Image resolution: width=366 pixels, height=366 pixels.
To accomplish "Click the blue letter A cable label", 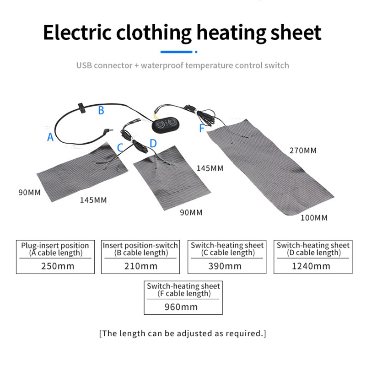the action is tap(50, 137).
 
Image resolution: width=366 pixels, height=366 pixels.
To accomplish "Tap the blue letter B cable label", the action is tap(101, 110).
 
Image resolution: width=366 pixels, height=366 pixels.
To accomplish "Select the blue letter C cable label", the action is tap(120, 148).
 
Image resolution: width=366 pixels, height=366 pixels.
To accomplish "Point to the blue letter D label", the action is tap(153, 143).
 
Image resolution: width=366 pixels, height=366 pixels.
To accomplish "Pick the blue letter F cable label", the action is tap(202, 129).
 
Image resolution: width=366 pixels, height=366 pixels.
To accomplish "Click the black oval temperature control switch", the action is tap(166, 124).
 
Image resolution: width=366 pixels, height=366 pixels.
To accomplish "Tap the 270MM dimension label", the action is tap(303, 151).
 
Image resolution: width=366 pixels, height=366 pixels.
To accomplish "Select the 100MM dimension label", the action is tap(314, 218).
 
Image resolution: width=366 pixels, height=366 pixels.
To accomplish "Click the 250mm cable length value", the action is tap(58, 266).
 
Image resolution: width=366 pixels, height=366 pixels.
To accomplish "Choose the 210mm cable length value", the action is tap(141, 266).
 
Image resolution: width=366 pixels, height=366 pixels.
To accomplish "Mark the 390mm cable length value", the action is tap(225, 266).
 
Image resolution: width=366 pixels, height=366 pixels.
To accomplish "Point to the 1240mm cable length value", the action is tap(311, 266).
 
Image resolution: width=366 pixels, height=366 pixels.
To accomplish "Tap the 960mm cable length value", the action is tap(181, 307).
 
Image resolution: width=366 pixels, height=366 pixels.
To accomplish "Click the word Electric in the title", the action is tap(77, 32).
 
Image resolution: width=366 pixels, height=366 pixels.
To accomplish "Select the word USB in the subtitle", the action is tap(84, 65).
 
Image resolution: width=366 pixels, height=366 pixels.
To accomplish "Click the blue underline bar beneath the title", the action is tap(177, 52).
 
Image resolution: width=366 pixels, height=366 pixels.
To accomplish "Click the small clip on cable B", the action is tap(82, 108).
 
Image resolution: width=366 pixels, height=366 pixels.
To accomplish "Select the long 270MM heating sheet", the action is tap(270, 167).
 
